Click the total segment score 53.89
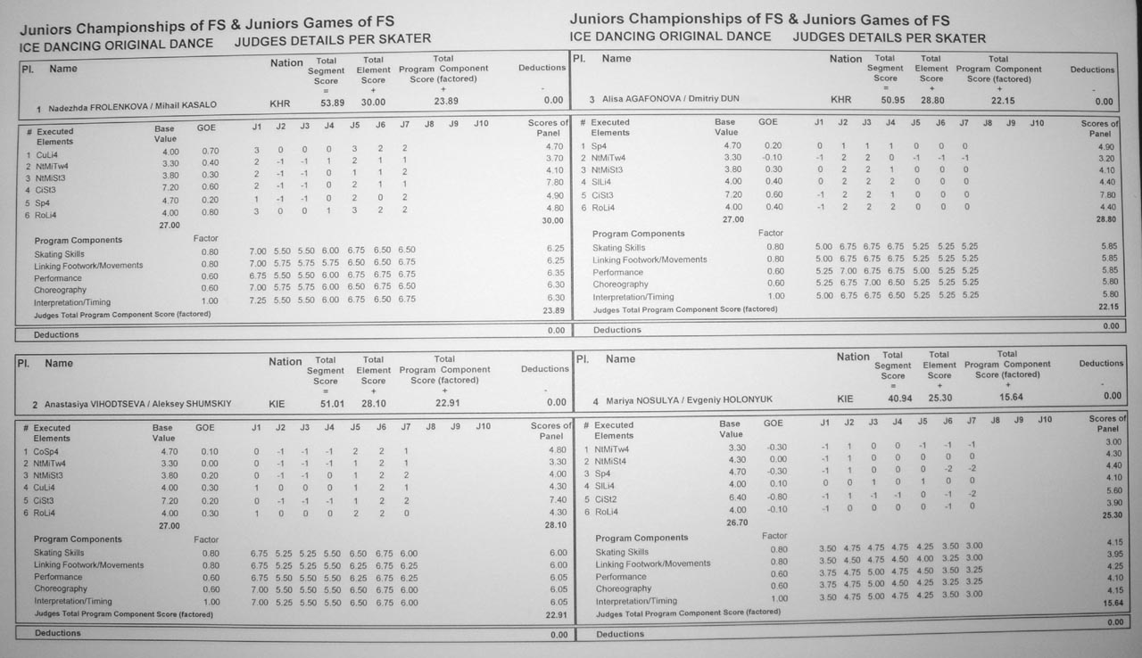coord(332,103)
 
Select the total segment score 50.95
coord(892,100)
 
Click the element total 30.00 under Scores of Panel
coord(553,221)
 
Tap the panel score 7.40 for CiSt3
coord(556,501)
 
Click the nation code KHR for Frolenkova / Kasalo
coord(280,104)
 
